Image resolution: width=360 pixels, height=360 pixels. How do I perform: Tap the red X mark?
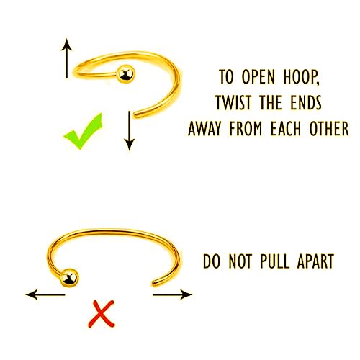pyautogui.click(x=102, y=314)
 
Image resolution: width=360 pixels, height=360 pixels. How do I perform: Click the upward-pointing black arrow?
pyautogui.click(x=66, y=58)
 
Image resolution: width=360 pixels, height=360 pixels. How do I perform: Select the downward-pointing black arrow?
pyautogui.click(x=130, y=131)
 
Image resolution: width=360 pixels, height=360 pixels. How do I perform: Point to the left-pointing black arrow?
pyautogui.click(x=45, y=294)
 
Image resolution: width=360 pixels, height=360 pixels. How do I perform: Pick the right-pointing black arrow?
pyautogui.click(x=172, y=294)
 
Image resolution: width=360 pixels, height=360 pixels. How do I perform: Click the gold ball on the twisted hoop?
pyautogui.click(x=125, y=74)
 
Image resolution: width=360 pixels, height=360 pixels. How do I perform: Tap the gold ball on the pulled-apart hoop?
pyautogui.click(x=70, y=278)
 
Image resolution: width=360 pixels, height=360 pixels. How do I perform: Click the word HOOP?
pyautogui.click(x=302, y=77)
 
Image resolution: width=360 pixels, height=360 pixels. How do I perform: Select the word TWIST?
pyautogui.click(x=233, y=102)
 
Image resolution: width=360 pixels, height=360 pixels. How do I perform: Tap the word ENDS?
pyautogui.click(x=306, y=102)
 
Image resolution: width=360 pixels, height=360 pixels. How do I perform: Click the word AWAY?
pyautogui.click(x=204, y=128)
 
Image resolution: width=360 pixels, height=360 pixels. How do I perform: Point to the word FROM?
pyautogui.click(x=246, y=128)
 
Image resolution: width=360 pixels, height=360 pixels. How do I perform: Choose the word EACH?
pyautogui.click(x=286, y=128)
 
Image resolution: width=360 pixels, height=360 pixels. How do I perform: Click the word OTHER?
pyautogui.click(x=329, y=128)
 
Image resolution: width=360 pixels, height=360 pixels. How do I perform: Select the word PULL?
pyautogui.click(x=275, y=261)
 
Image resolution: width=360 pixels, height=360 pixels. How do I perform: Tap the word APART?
pyautogui.click(x=315, y=261)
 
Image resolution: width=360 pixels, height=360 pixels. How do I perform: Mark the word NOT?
pyautogui.click(x=240, y=261)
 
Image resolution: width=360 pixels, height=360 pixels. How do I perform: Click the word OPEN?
pyautogui.click(x=258, y=77)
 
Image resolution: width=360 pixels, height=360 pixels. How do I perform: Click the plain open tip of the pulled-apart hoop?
pyautogui.click(x=153, y=284)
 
